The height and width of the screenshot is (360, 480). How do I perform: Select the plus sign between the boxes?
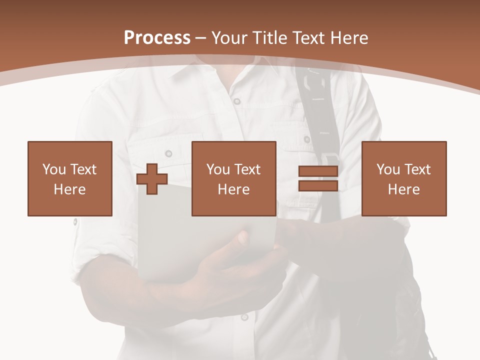tap(152, 179)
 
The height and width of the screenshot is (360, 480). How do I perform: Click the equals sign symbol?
tap(318, 178)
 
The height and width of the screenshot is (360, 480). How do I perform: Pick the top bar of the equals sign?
tap(318, 171)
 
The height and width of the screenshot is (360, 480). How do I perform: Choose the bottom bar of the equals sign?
tap(318, 185)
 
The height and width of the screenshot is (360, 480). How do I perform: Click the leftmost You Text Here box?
tap(69, 178)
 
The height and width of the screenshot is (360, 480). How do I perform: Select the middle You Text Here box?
tap(233, 178)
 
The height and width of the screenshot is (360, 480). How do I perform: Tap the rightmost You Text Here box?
tap(403, 178)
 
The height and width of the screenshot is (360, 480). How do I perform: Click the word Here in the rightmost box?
tap(403, 189)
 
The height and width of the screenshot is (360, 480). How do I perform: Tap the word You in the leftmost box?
tap(54, 169)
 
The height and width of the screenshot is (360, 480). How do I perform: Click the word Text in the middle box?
tap(247, 169)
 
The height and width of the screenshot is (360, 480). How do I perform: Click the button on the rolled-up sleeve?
tap(75, 221)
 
